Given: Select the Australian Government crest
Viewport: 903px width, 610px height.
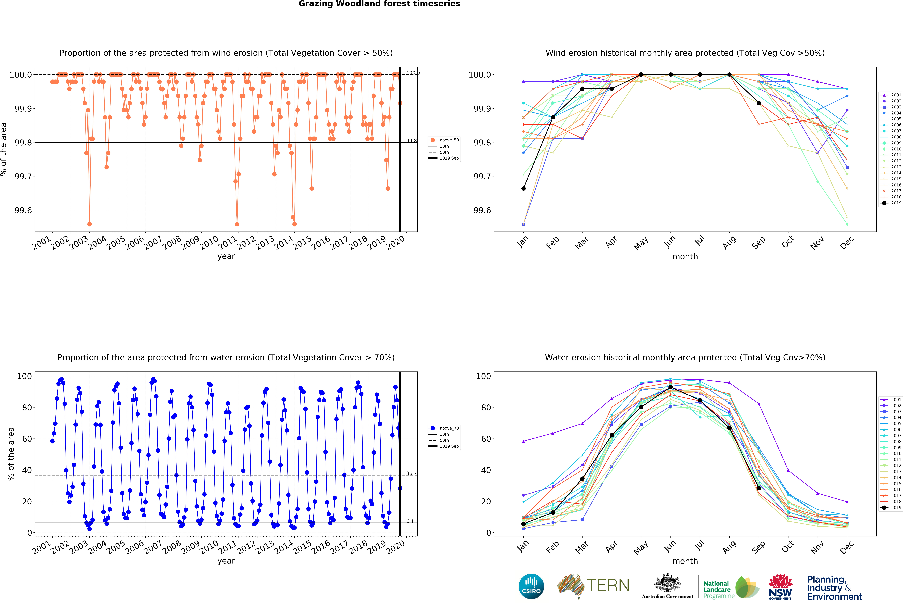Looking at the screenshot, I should (x=667, y=582).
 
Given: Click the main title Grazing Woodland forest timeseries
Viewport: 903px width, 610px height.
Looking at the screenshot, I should (x=379, y=4).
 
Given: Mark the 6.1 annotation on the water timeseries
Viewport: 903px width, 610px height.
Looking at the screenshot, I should (x=410, y=521).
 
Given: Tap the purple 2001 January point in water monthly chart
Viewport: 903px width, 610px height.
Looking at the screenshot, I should (x=523, y=441).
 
